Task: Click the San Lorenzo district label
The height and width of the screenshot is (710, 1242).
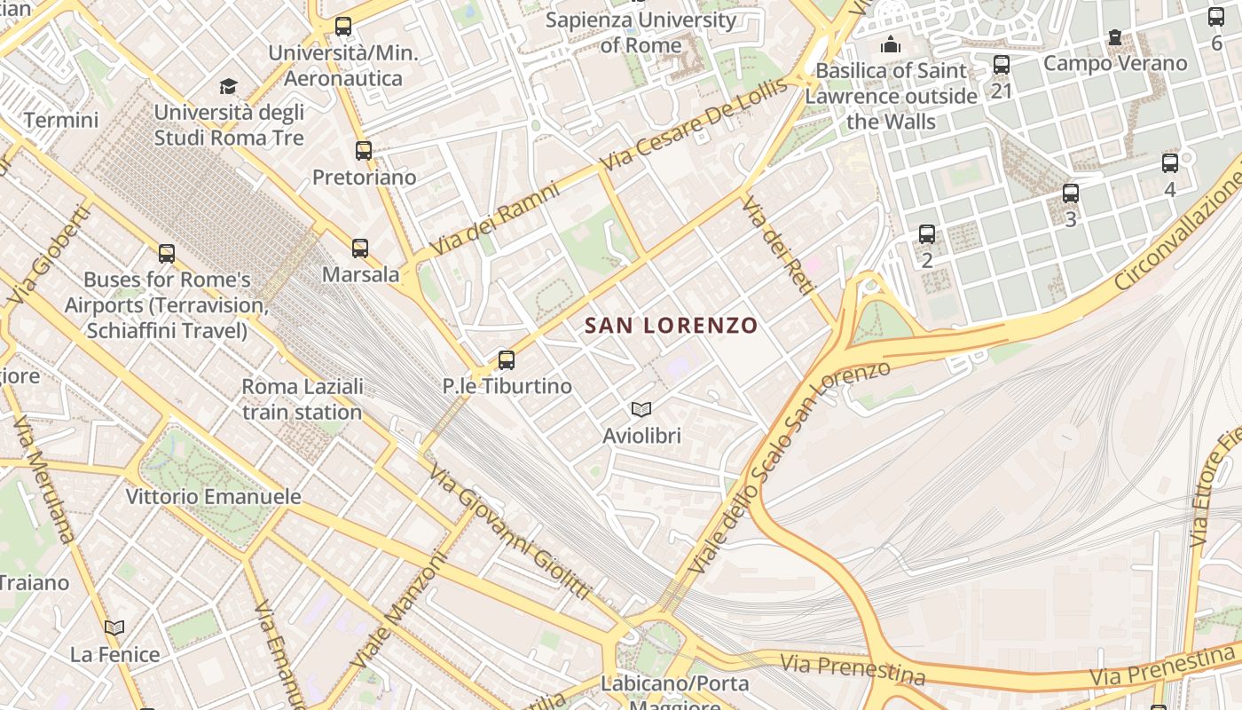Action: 672,326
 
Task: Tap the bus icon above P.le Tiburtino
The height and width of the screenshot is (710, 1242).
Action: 506,359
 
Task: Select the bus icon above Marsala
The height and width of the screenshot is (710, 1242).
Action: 360,248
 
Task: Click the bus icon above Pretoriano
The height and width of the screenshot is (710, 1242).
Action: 364,151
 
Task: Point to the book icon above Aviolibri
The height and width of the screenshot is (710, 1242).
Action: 641,409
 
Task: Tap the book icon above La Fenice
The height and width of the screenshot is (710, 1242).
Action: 114,628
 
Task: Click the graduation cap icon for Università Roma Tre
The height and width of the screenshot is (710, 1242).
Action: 229,86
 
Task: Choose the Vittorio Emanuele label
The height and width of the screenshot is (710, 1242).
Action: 213,496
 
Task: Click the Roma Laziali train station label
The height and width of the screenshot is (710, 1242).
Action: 303,399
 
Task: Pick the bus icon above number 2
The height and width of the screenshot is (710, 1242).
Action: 927,234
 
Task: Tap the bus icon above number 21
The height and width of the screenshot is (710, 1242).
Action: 1002,64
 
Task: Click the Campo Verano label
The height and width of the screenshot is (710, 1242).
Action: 1115,63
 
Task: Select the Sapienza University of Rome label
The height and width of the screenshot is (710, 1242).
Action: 641,32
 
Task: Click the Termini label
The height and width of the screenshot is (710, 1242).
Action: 61,120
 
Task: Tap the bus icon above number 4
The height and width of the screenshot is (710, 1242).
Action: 1170,163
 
